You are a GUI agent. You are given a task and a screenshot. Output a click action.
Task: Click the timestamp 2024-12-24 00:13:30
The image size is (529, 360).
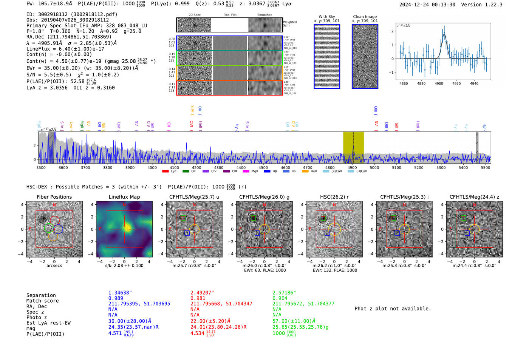click(x=427, y=5)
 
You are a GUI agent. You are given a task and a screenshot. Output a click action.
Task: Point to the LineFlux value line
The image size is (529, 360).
click(x=65, y=49)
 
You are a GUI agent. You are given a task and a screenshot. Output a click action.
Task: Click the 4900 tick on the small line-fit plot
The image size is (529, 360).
click(x=439, y=83)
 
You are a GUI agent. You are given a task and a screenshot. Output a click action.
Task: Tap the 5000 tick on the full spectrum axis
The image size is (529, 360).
click(x=374, y=167)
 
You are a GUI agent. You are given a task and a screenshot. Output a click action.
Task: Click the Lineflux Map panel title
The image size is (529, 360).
click(x=124, y=197)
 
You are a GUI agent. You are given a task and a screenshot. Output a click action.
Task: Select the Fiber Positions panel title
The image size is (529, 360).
click(x=54, y=197)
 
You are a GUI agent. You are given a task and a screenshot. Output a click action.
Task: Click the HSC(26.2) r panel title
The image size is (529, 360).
click(x=334, y=197)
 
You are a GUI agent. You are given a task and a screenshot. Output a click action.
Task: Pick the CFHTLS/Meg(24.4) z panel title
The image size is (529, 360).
click(x=474, y=197)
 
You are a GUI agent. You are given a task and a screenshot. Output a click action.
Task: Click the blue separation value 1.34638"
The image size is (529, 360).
click(x=120, y=293)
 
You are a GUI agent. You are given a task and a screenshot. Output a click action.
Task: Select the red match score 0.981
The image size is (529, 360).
click(x=198, y=298)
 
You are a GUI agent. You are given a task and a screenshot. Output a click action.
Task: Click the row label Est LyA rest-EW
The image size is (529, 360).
click(x=48, y=323)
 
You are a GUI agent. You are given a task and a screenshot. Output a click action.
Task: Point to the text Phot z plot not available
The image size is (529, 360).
click(x=393, y=309)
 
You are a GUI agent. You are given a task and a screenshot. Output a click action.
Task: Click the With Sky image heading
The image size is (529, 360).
click(x=327, y=17)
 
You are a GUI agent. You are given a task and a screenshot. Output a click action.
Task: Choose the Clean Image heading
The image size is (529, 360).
click(x=365, y=17)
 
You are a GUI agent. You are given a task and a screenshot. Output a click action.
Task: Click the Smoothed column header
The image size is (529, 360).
click(x=264, y=15)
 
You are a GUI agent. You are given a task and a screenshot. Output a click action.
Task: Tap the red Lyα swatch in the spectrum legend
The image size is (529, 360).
click(x=165, y=172)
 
